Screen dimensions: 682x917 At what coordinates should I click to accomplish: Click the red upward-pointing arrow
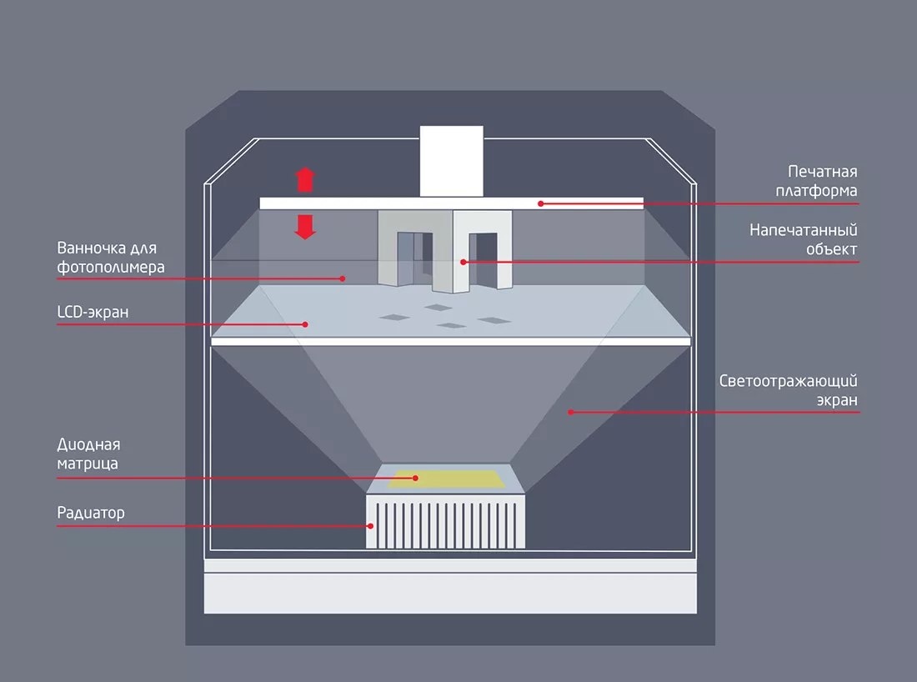306,179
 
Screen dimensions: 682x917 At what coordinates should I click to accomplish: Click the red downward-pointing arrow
306,227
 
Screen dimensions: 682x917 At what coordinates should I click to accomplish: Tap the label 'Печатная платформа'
822,181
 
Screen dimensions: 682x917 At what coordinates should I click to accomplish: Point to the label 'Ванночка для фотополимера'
107,258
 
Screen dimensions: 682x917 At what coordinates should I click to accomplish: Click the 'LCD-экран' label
93,312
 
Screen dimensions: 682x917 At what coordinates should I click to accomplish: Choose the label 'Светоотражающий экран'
788,391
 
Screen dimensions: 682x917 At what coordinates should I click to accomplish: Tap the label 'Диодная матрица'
88,454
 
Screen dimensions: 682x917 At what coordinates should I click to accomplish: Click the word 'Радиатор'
91,513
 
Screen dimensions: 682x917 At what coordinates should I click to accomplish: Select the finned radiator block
446,521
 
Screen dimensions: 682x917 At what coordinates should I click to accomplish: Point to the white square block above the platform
451,161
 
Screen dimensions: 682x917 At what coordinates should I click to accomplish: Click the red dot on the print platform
540,203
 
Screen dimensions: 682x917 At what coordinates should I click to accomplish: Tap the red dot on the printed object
464,262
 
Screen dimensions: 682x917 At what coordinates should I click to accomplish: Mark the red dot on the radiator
371,525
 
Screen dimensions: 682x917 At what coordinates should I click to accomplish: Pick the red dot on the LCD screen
305,323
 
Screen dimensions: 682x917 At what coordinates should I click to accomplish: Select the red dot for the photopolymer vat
343,278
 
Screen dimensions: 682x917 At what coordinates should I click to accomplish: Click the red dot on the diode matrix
415,478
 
